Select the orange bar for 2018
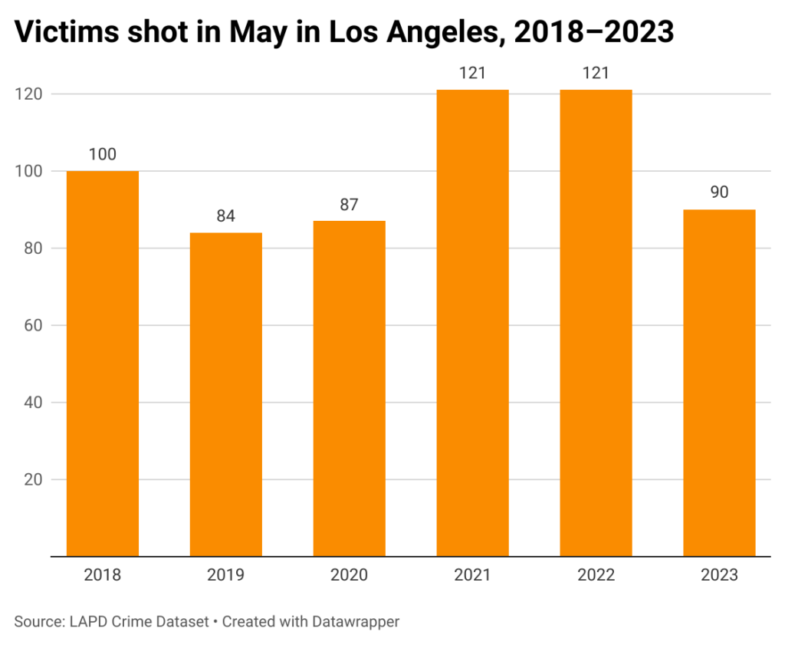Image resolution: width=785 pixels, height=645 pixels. click(x=103, y=364)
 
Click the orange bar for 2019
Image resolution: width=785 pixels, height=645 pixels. click(x=226, y=394)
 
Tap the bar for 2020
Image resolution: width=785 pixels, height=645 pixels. click(x=350, y=388)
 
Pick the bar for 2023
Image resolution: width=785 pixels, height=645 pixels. click(x=719, y=383)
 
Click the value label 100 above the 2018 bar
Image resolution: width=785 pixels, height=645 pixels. click(x=103, y=155)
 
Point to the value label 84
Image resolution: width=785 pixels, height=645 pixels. click(x=226, y=216)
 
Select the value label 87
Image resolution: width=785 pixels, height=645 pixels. click(x=350, y=205)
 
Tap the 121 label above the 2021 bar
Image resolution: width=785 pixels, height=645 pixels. click(x=472, y=74)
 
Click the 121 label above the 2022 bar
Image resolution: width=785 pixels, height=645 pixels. click(x=596, y=74)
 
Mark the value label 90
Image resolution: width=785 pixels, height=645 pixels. click(x=719, y=193)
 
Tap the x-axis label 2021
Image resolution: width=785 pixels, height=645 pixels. click(x=472, y=575)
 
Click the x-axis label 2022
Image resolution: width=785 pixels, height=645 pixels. click(x=596, y=575)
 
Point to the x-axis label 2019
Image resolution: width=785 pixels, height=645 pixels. click(x=226, y=575)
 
